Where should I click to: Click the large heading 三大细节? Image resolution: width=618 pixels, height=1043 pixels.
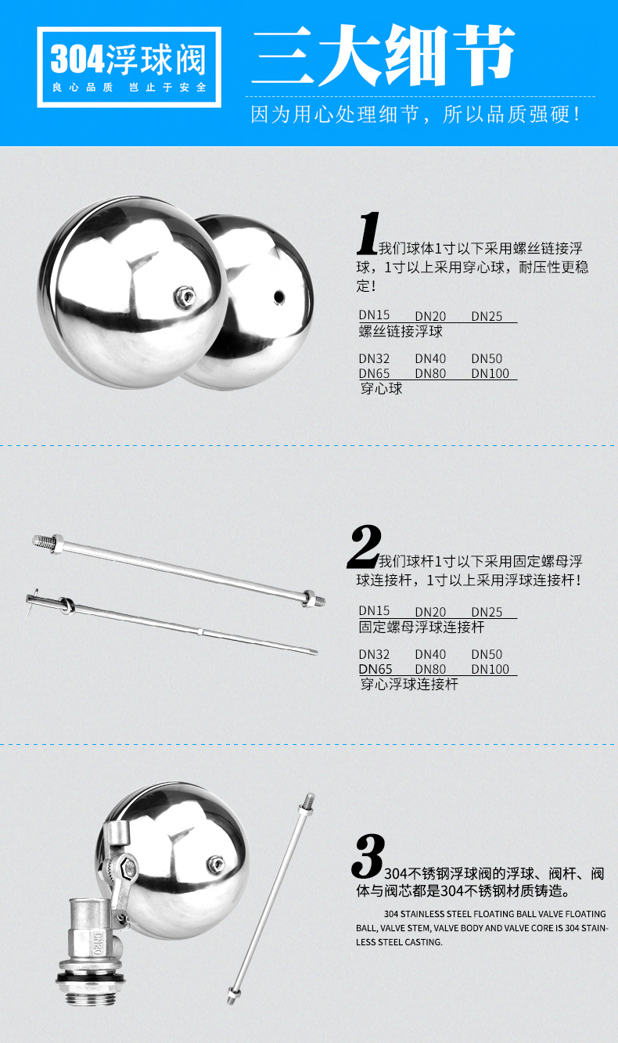tap(383, 56)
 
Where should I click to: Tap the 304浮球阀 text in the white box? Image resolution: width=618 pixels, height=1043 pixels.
tap(128, 59)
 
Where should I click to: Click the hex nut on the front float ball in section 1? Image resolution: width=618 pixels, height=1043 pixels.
tap(185, 296)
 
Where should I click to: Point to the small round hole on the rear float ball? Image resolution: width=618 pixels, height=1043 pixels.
tap(278, 296)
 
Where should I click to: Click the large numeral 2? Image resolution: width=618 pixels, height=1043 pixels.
tap(364, 546)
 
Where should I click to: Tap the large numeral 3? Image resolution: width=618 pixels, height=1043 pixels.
tap(368, 856)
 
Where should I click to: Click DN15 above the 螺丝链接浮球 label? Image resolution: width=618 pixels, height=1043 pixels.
tap(374, 315)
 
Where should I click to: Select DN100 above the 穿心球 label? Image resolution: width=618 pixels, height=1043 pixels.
tap(490, 373)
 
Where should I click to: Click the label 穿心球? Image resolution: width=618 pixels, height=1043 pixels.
tap(381, 388)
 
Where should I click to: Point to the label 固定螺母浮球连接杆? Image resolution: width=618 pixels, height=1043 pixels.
tap(422, 627)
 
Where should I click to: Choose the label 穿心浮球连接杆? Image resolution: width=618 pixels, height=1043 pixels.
tap(409, 684)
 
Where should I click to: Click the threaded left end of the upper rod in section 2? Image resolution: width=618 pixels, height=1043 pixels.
tap(43, 541)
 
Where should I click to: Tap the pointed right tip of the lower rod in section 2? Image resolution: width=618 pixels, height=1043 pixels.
tap(318, 653)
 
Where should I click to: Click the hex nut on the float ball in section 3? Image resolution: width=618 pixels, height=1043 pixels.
tap(215, 864)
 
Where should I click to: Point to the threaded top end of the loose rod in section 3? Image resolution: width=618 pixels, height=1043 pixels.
tap(308, 802)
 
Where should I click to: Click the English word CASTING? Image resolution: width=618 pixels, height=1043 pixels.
tap(422, 942)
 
